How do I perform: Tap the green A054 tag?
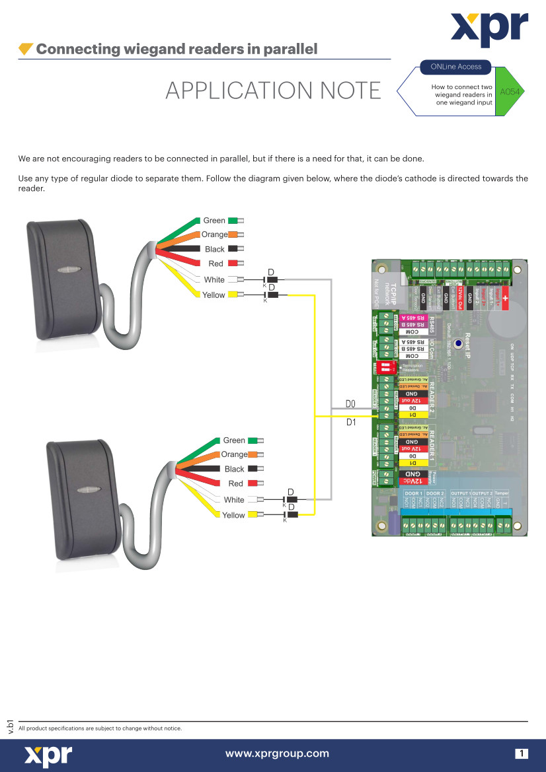click(510, 91)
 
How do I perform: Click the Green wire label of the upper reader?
click(214, 221)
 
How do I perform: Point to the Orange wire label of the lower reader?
click(234, 454)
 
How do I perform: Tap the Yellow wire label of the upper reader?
click(214, 295)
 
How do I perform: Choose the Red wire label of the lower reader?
click(235, 484)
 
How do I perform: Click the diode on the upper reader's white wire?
click(271, 280)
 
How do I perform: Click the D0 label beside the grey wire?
click(350, 403)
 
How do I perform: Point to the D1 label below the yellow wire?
click(351, 424)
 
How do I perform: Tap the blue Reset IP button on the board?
click(456, 344)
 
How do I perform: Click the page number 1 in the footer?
click(522, 754)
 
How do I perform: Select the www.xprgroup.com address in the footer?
click(277, 754)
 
